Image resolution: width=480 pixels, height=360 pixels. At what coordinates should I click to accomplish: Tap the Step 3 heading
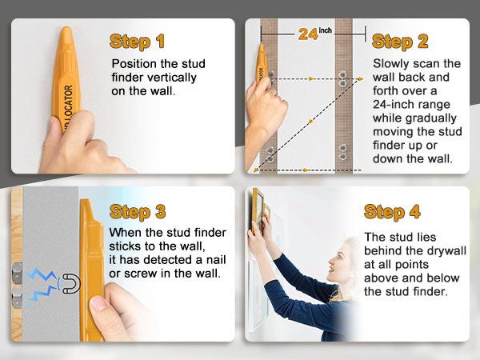tap(138, 211)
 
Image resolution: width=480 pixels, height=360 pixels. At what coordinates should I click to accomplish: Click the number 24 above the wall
tap(308, 34)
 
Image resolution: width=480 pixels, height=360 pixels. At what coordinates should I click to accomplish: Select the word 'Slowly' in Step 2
tap(394, 63)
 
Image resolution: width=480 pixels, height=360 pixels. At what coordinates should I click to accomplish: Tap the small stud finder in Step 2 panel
tap(261, 68)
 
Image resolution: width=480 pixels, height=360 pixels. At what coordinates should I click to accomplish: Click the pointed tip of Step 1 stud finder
tap(66, 32)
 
